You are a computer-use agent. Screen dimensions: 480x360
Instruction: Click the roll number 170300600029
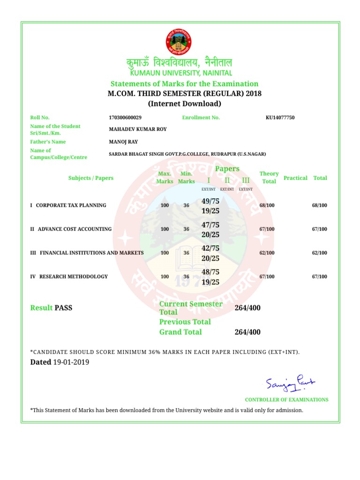click(x=125, y=118)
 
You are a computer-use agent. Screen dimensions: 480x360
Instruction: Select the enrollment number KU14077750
click(x=280, y=118)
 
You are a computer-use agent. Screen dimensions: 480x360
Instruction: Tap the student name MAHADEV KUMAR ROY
click(x=137, y=129)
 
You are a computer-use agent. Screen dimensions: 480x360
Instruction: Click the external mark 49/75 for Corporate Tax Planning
click(x=210, y=201)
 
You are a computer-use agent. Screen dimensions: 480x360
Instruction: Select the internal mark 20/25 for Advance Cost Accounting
click(x=210, y=234)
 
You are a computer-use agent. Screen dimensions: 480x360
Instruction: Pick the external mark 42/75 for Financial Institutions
click(x=210, y=248)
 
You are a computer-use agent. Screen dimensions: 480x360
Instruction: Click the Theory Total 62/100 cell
click(x=267, y=253)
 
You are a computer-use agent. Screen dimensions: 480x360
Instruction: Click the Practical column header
click(x=295, y=178)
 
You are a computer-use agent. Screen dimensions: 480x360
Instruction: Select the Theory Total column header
click(x=269, y=177)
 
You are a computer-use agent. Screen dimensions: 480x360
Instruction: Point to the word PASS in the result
click(x=63, y=308)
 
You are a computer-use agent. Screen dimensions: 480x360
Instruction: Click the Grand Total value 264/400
click(x=247, y=332)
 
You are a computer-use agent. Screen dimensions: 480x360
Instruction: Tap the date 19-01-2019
click(x=71, y=362)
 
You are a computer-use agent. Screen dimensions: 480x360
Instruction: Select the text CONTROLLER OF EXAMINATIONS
click(x=286, y=400)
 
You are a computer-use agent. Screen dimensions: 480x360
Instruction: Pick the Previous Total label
click(x=185, y=322)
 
